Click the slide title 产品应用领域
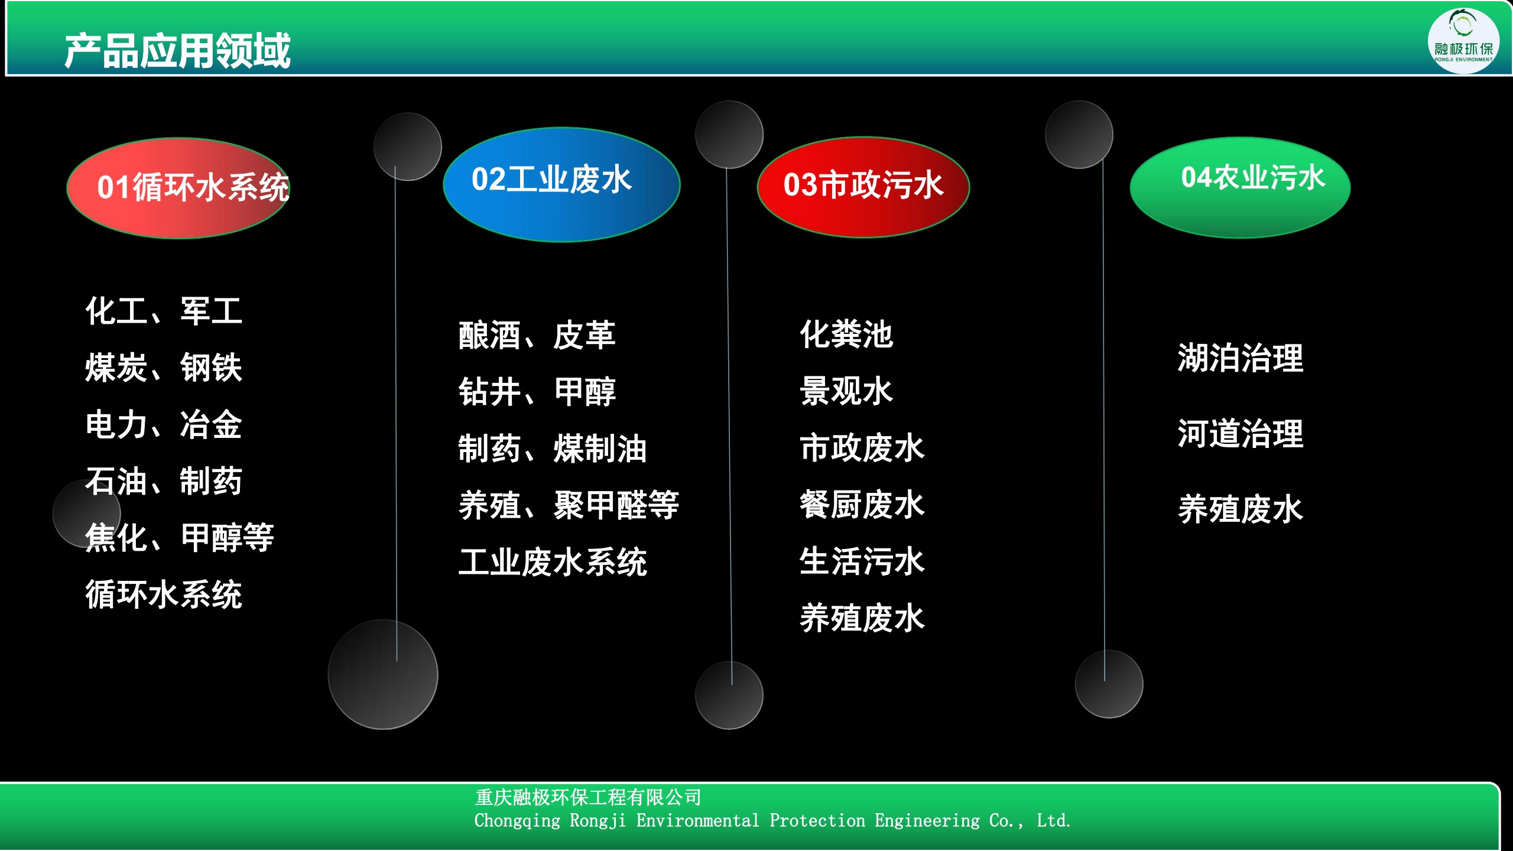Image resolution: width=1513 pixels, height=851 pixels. [x=177, y=51]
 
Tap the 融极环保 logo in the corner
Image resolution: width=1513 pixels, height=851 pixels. [x=1463, y=41]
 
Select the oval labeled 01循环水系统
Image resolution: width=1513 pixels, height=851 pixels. [x=178, y=188]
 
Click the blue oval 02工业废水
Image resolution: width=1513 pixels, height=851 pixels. [x=561, y=184]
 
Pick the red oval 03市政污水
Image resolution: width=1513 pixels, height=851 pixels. [x=863, y=187]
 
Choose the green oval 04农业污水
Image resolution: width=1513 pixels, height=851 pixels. [x=1240, y=187]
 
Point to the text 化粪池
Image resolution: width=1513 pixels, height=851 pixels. [x=846, y=334]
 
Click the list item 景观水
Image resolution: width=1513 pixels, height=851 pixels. [x=846, y=391]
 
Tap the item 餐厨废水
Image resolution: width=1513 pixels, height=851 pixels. [x=862, y=504]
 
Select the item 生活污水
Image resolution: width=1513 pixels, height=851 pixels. [x=862, y=561]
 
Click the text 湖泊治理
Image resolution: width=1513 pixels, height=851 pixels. [x=1240, y=358]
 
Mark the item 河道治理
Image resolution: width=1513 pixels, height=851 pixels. [x=1240, y=433]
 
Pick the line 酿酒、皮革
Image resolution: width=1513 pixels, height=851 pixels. [x=537, y=335]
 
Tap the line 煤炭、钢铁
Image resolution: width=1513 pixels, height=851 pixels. [x=163, y=367]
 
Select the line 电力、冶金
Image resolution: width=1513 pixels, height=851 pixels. [x=163, y=424]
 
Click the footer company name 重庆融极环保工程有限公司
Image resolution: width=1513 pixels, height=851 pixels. [x=588, y=797]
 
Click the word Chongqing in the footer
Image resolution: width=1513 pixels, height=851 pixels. [x=517, y=821]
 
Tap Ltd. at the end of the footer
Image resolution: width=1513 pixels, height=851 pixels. [x=1053, y=821]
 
